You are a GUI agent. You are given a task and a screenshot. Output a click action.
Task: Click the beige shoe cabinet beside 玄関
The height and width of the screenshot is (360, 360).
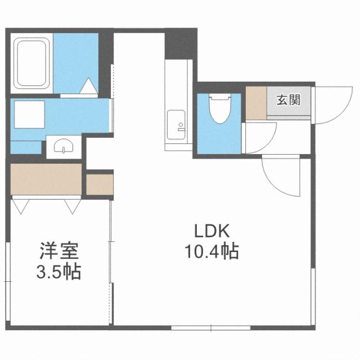[x=256, y=102]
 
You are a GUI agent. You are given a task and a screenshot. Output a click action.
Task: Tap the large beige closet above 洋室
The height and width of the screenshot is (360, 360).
[x=47, y=179]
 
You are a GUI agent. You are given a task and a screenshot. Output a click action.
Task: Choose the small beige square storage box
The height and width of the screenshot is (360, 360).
[x=100, y=184]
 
